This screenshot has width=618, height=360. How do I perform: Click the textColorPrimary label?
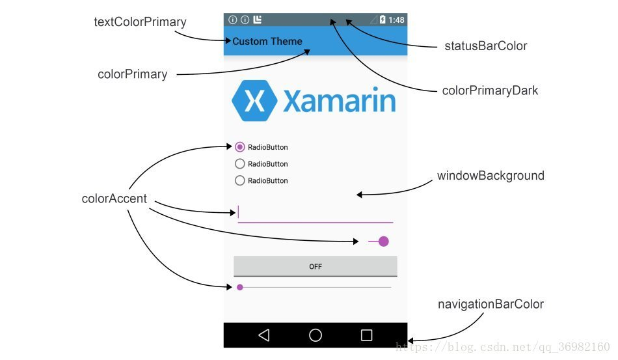140,22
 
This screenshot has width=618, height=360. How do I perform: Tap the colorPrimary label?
132,74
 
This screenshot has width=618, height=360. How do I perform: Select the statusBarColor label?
485,46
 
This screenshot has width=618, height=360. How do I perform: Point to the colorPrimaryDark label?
490,90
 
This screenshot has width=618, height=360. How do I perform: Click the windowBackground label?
490,176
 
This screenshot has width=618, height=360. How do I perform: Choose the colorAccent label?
114,199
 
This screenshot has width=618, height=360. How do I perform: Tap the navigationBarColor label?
490,304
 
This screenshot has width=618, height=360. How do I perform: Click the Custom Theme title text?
267,42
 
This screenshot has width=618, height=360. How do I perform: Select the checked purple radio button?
240,147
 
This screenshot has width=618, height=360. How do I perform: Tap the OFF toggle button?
316,266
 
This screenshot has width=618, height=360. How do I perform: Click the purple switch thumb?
383,242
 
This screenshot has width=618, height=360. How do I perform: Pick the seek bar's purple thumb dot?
240,287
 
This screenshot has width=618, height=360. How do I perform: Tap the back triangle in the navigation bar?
263,335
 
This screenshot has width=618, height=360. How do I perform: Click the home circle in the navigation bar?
316,335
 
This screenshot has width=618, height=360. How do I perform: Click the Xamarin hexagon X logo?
254,100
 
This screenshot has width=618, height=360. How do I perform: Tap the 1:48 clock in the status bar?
397,20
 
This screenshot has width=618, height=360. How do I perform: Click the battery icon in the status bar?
383,20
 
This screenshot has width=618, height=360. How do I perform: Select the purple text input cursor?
239,212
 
